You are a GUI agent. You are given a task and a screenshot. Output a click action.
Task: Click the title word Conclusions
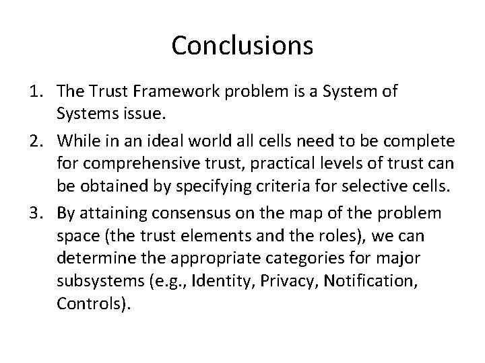pos(243,46)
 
